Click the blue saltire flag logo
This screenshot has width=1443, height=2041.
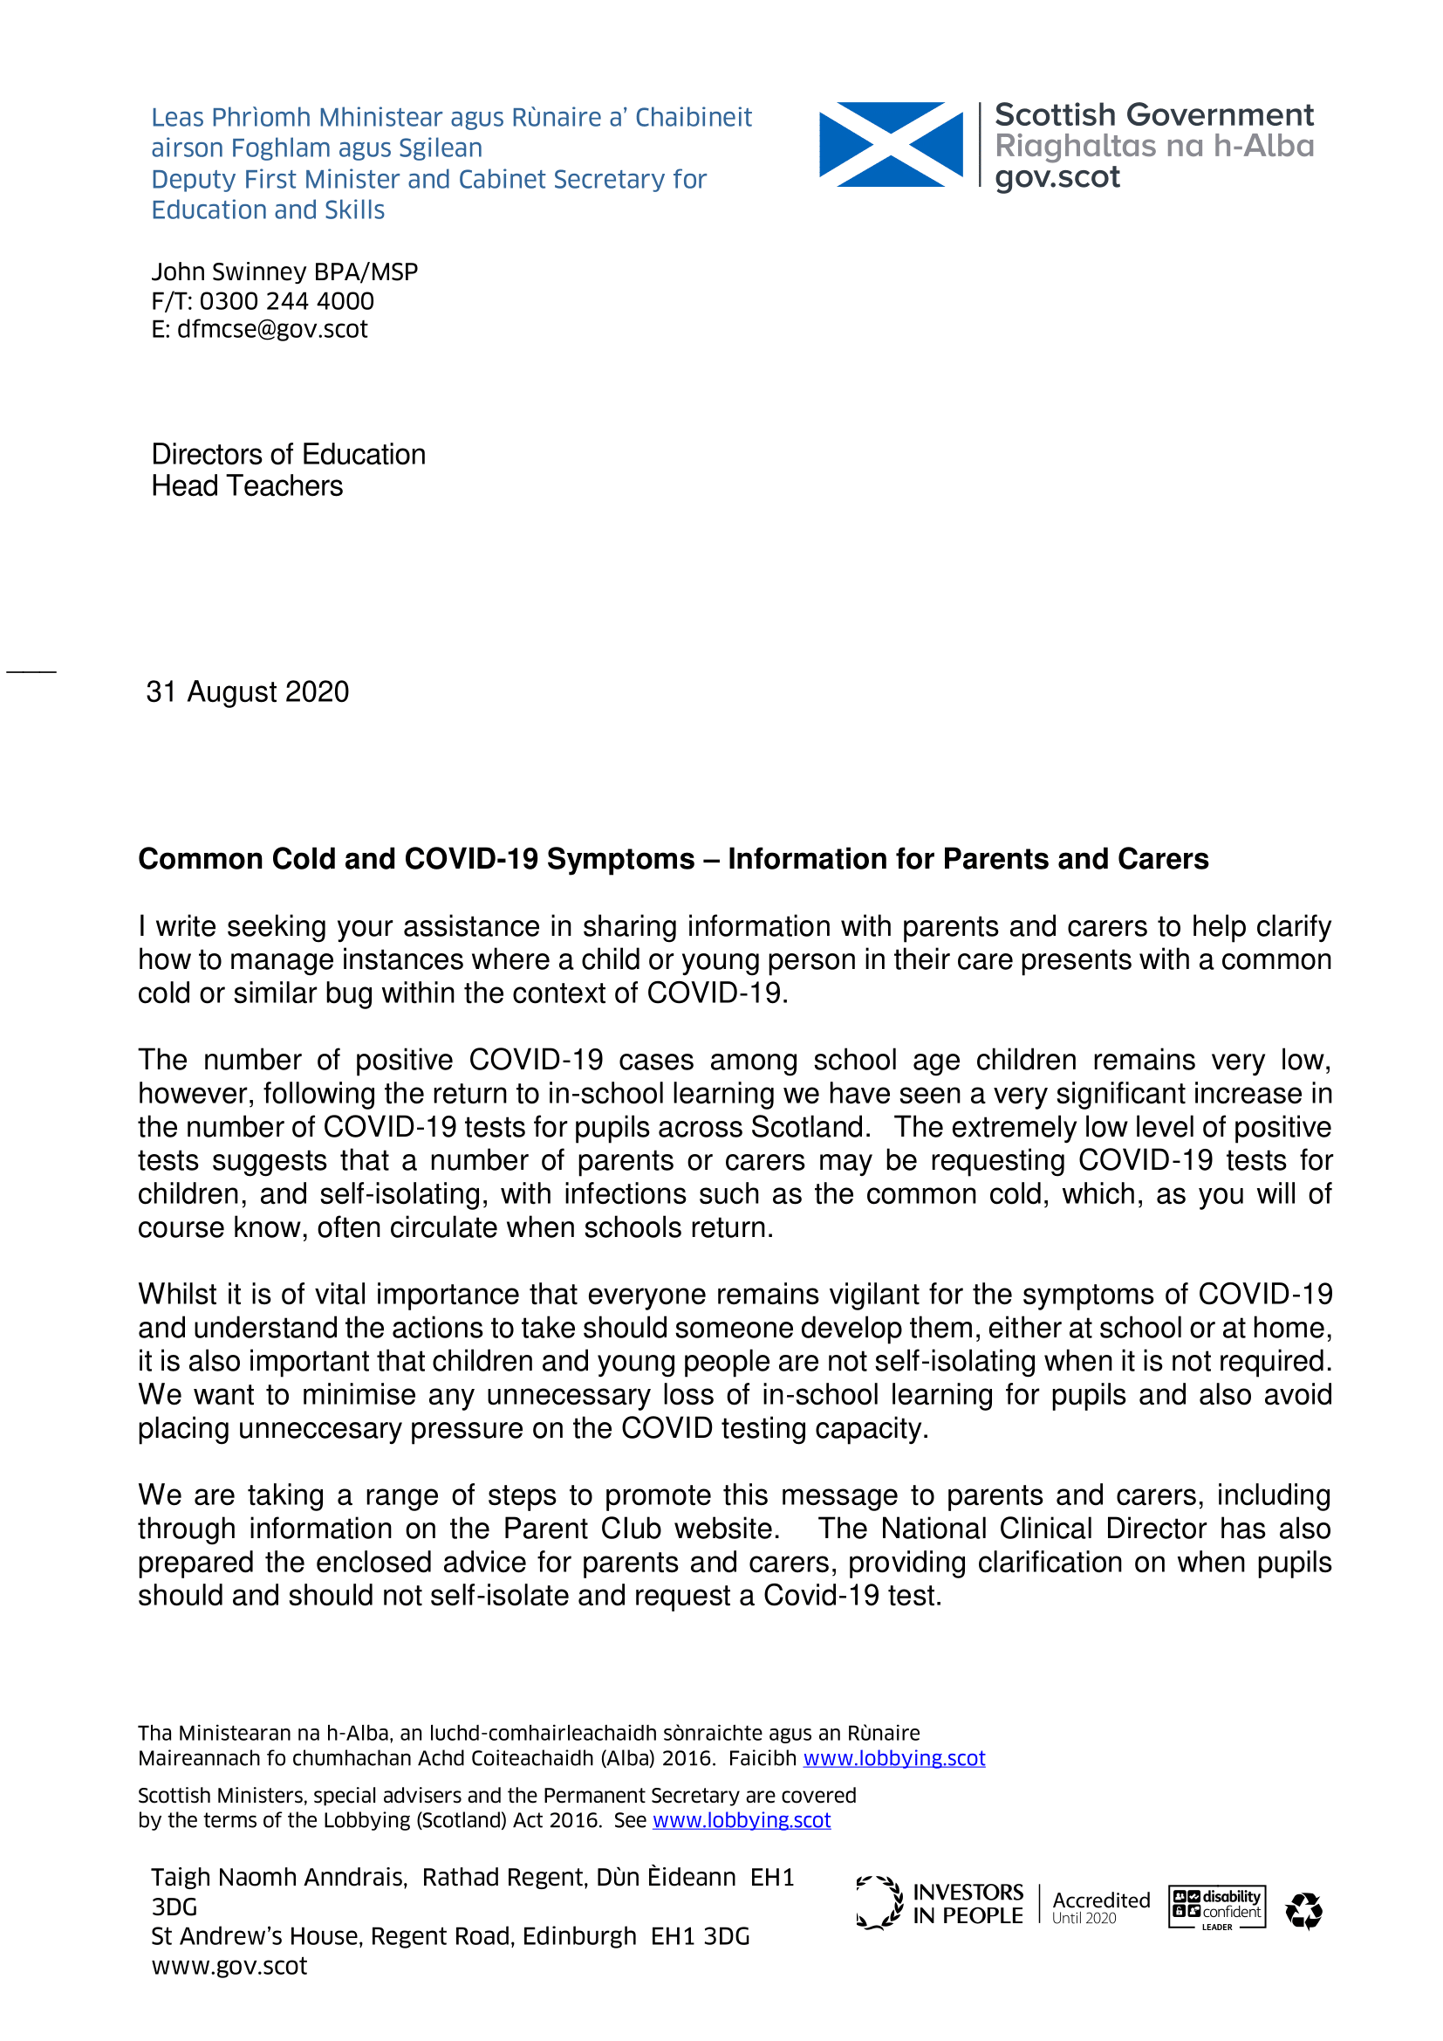pyautogui.click(x=891, y=144)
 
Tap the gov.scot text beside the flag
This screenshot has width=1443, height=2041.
pyautogui.click(x=1057, y=177)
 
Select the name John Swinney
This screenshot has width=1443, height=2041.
pyautogui.click(x=229, y=271)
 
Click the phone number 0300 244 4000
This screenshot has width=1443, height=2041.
pyautogui.click(x=286, y=300)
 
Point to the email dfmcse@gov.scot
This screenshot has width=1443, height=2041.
pyautogui.click(x=272, y=329)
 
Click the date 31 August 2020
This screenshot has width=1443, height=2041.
pyautogui.click(x=247, y=691)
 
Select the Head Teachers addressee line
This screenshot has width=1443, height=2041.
pyautogui.click(x=247, y=486)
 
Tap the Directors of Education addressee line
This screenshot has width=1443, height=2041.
pyautogui.click(x=288, y=454)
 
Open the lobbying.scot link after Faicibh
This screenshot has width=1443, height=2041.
pyautogui.click(x=894, y=1758)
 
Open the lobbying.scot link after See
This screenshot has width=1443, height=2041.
pyautogui.click(x=741, y=1819)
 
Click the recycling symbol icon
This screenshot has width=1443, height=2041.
pyautogui.click(x=1303, y=1910)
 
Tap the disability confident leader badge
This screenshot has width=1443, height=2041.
pyautogui.click(x=1216, y=1907)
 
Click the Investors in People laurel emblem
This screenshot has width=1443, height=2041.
pyautogui.click(x=879, y=1903)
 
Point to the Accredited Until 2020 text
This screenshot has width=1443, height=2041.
pyautogui.click(x=1100, y=1907)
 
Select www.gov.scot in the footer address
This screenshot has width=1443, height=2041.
pyautogui.click(x=229, y=1965)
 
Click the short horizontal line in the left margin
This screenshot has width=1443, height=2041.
pyautogui.click(x=31, y=671)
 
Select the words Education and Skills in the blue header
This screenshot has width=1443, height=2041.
pyautogui.click(x=268, y=210)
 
